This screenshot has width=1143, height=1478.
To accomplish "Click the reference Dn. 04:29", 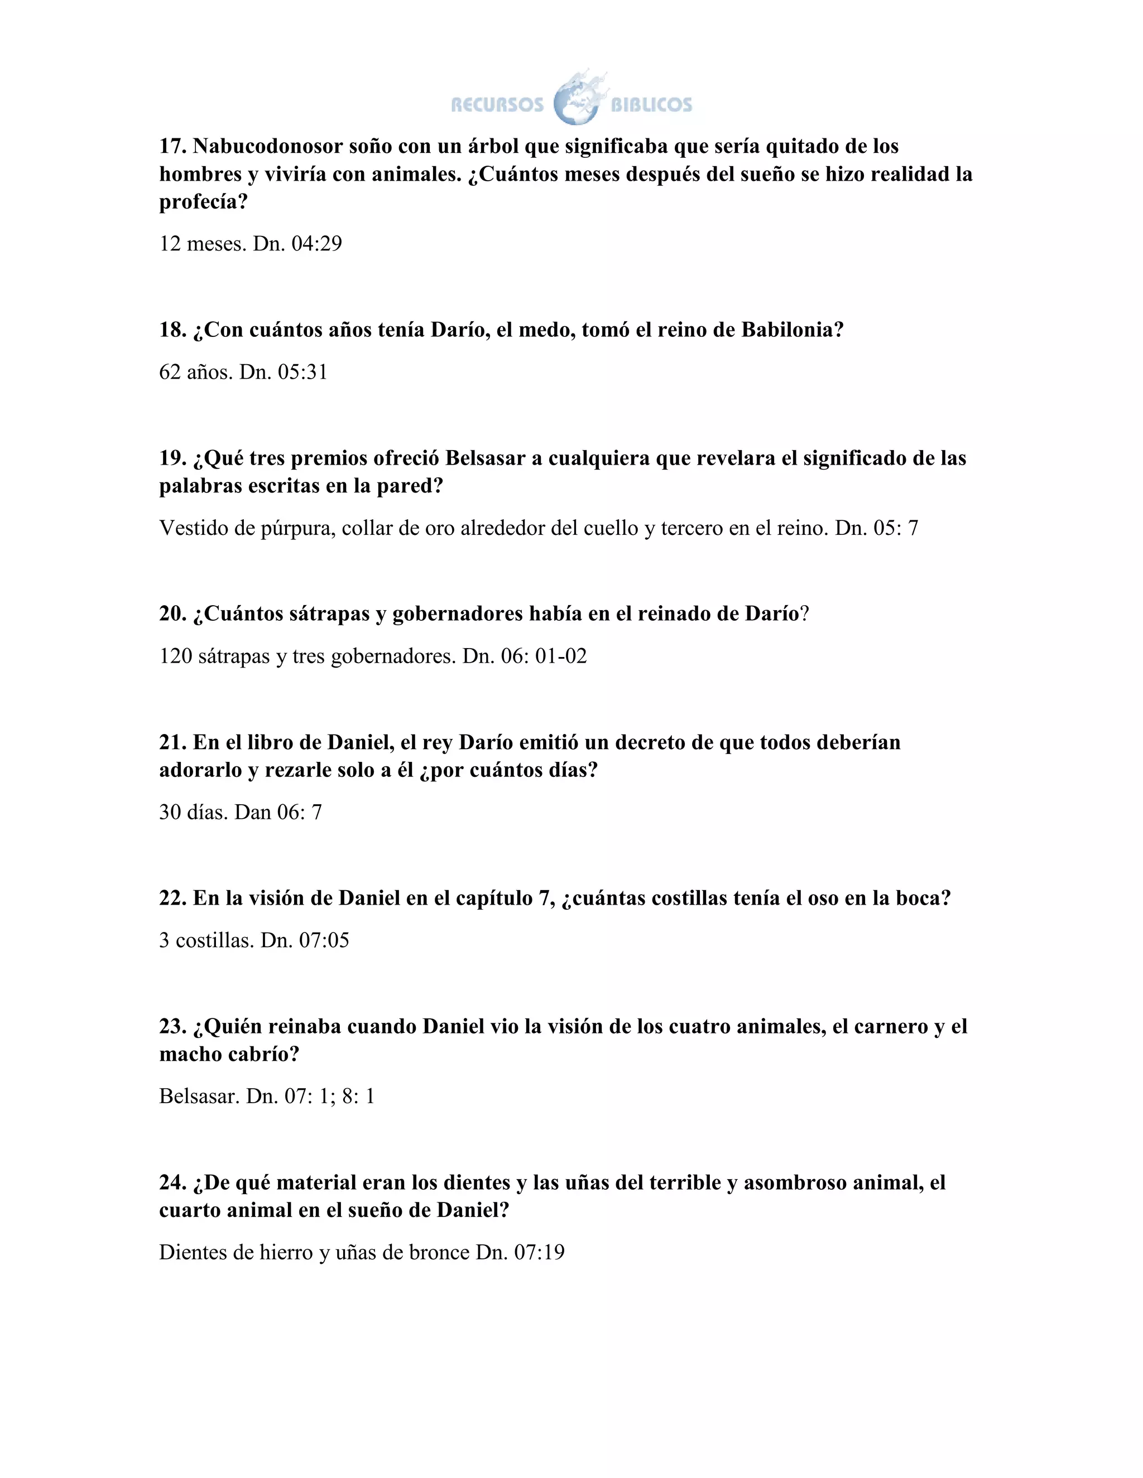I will (297, 244).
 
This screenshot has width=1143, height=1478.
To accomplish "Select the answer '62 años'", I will (196, 372).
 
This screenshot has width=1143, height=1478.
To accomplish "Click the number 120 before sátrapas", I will (175, 656).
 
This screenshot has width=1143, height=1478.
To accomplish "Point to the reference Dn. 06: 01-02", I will (525, 656).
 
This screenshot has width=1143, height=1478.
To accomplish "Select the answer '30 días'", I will (193, 812).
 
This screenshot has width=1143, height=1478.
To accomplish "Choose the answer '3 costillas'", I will (206, 941).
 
